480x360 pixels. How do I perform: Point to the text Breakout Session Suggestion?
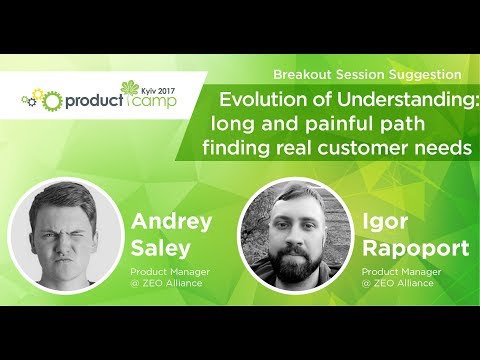[366, 75]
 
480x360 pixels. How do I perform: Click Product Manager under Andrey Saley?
[172, 271]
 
